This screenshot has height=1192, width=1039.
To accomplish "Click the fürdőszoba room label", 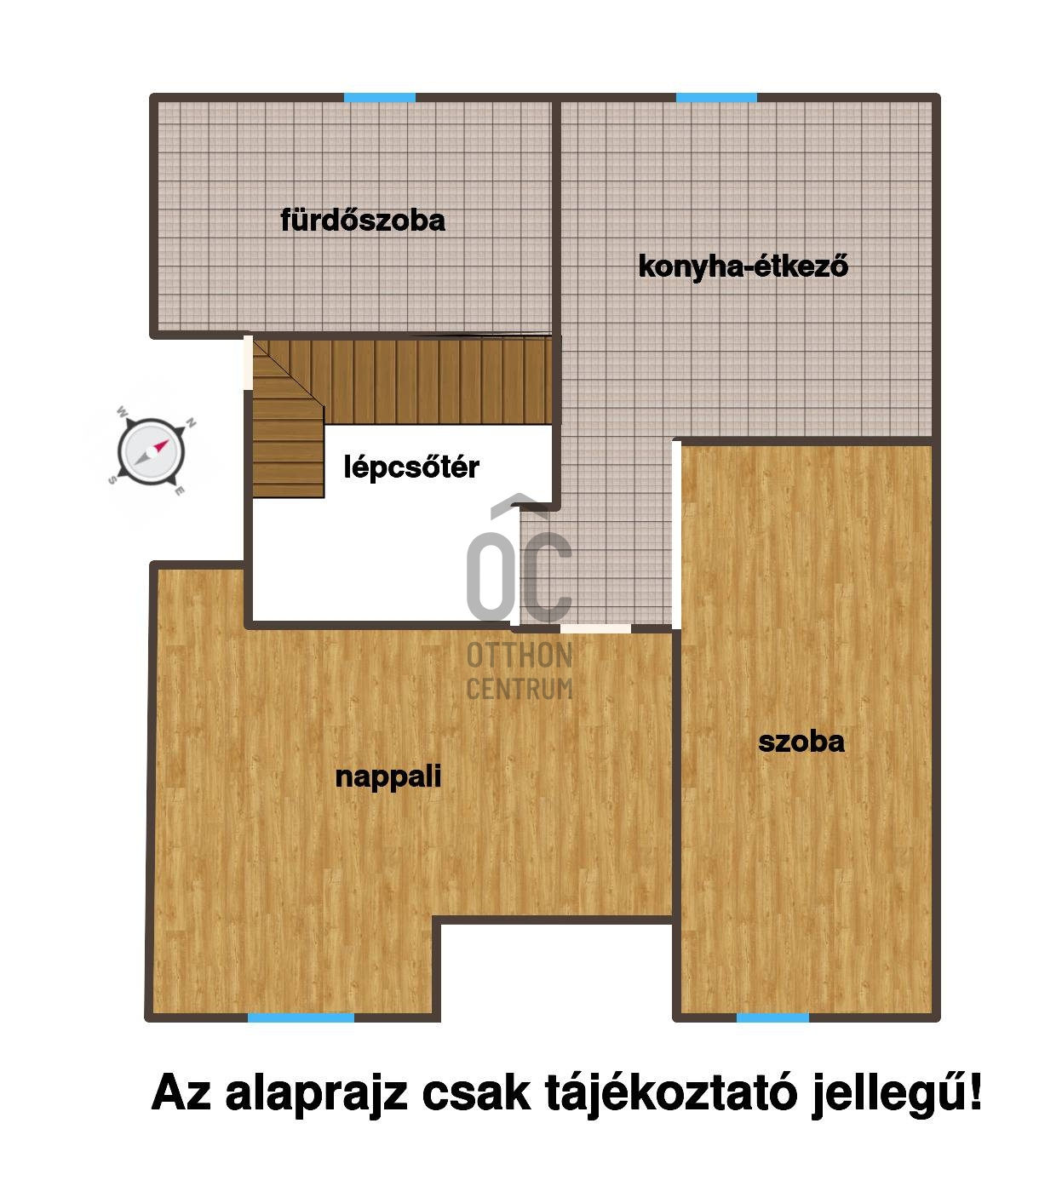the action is pyautogui.click(x=363, y=221).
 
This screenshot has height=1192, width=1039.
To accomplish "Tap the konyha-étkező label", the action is pyautogui.click(x=743, y=266).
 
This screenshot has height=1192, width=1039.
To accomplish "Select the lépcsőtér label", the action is pyautogui.click(x=411, y=467).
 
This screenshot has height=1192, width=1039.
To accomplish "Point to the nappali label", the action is pyautogui.click(x=388, y=777).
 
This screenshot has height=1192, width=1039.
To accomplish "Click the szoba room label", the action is pyautogui.click(x=801, y=742).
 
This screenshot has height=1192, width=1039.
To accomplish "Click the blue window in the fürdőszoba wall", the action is pyautogui.click(x=379, y=98).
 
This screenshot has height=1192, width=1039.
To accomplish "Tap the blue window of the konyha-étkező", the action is pyautogui.click(x=717, y=98).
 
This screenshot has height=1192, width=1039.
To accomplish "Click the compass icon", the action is pyautogui.click(x=152, y=451).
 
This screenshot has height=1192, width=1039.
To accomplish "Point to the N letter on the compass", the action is pyautogui.click(x=191, y=422).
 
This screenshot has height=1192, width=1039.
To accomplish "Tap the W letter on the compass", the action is pyautogui.click(x=122, y=411).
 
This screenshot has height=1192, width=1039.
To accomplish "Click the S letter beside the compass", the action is pyautogui.click(x=112, y=480).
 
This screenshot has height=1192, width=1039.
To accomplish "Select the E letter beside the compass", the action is pyautogui.click(x=180, y=490).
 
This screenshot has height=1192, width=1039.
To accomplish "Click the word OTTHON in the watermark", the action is pyautogui.click(x=519, y=656).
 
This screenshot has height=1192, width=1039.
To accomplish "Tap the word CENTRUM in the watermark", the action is pyautogui.click(x=519, y=689).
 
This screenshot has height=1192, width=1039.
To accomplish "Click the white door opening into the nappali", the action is pyautogui.click(x=595, y=628).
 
